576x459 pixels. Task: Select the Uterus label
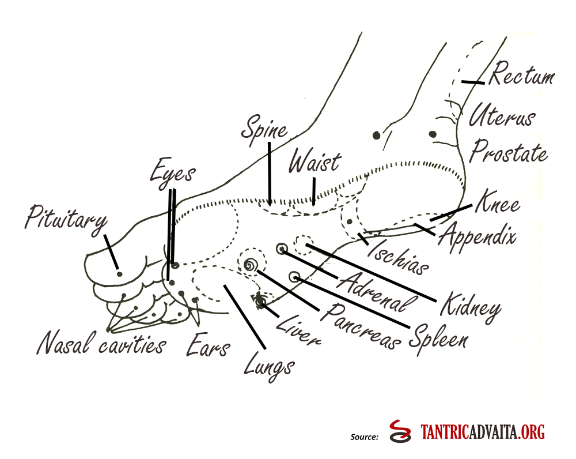(502, 116)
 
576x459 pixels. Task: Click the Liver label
(298, 330)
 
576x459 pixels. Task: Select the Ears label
(208, 346)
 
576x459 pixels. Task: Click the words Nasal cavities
(101, 345)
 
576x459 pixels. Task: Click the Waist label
(314, 162)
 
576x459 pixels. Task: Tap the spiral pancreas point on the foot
(251, 265)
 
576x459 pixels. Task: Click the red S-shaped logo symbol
(399, 432)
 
